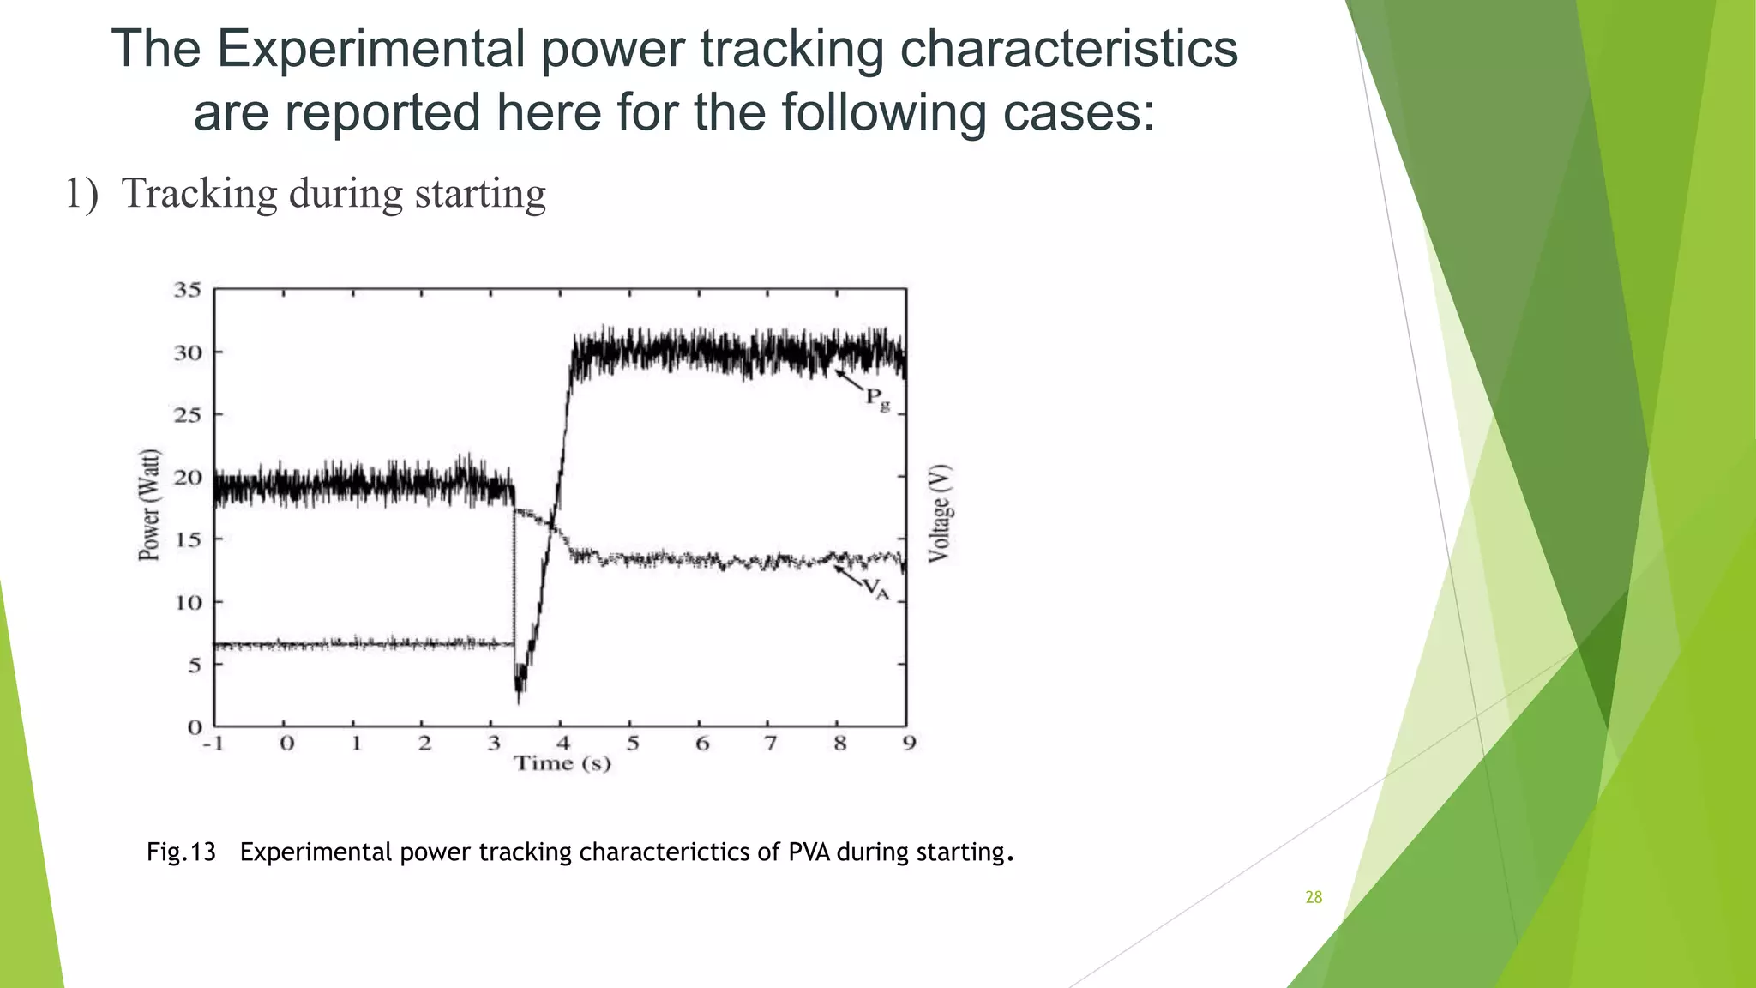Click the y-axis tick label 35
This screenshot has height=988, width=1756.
(x=187, y=290)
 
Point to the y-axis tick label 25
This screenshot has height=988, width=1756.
(x=187, y=415)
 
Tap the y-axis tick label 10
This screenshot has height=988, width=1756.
(x=188, y=603)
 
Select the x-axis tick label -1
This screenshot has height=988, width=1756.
(x=213, y=744)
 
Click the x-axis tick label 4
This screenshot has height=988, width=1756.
(x=562, y=744)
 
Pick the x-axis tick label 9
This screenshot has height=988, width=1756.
(x=909, y=744)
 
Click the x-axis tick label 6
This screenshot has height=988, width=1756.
(x=702, y=744)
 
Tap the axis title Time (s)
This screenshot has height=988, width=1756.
(x=562, y=763)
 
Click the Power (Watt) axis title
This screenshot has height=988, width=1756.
(x=149, y=505)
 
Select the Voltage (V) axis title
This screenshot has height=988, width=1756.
(x=940, y=513)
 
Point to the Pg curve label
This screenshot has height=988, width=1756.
(x=877, y=399)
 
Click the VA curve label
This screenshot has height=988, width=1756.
(x=876, y=589)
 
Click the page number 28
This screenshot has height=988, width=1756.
(x=1314, y=897)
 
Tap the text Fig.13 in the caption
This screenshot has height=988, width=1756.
(x=181, y=852)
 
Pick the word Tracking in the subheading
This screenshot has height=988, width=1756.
(x=200, y=193)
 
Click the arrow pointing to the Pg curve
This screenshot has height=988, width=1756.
(x=848, y=379)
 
